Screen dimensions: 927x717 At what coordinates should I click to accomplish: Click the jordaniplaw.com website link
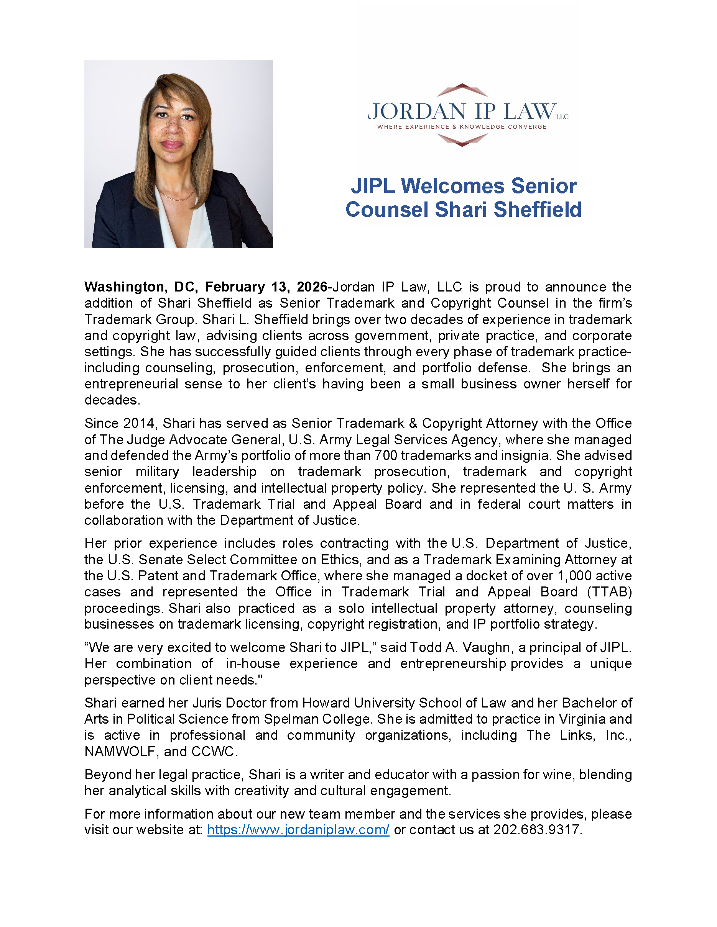(x=298, y=830)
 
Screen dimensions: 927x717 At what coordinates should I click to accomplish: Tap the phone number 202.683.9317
(x=536, y=830)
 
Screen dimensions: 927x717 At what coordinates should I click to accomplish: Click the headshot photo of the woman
(x=178, y=154)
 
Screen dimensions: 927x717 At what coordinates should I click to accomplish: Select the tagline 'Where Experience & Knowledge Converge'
(x=462, y=127)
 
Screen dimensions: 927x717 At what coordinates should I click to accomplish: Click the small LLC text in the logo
(x=562, y=117)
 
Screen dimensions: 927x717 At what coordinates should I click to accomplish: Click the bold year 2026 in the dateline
(x=312, y=287)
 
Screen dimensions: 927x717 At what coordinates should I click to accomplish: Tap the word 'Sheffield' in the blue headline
(x=537, y=210)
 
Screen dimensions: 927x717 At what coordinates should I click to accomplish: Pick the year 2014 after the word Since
(x=138, y=423)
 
